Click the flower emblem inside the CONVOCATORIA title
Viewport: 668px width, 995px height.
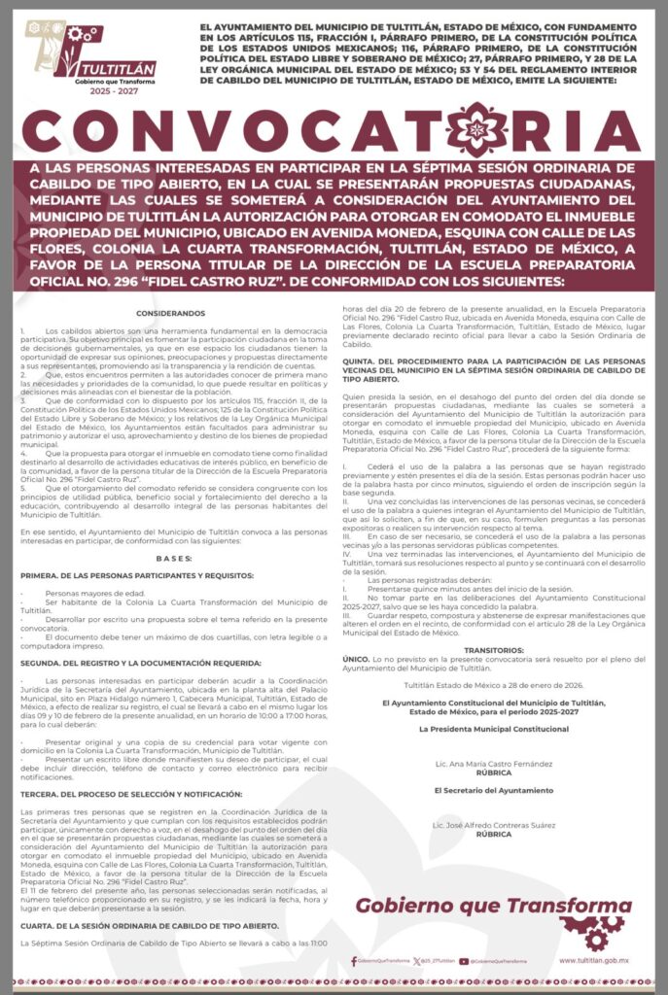tap(475, 130)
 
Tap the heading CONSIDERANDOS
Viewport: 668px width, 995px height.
tap(171, 313)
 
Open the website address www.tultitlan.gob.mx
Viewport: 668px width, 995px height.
tap(594, 960)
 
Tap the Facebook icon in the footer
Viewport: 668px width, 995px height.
tap(354, 961)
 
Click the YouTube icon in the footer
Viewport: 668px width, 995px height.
tap(463, 961)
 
